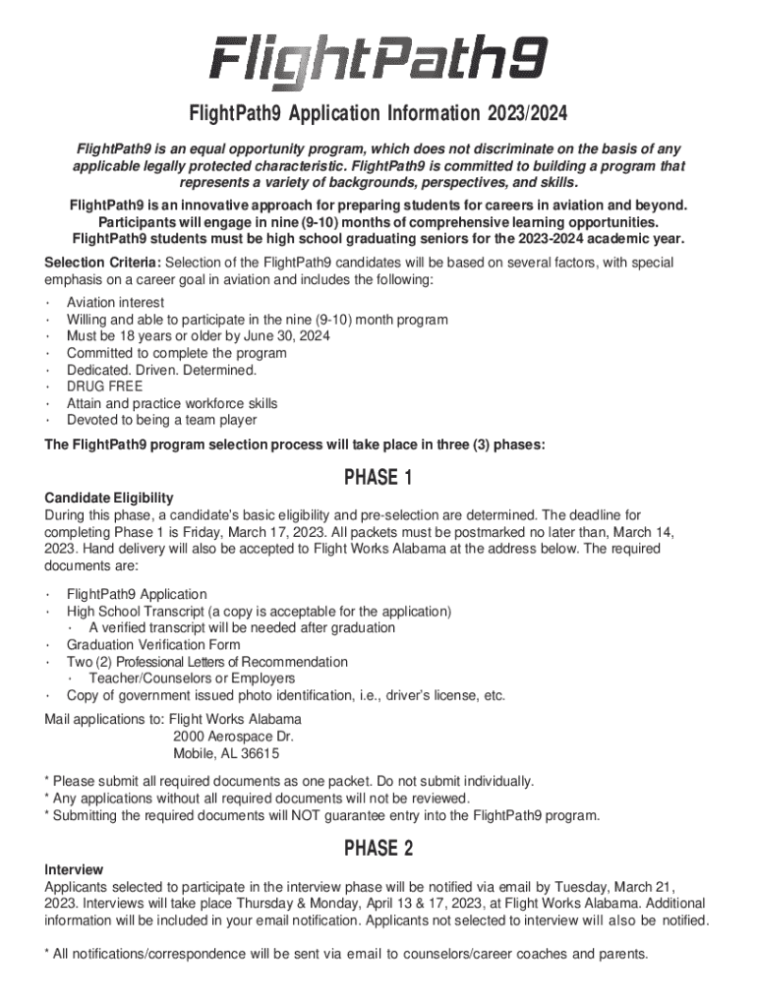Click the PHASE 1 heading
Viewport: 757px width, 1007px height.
pos(378,478)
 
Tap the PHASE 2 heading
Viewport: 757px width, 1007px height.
pos(378,848)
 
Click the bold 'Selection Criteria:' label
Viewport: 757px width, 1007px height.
pos(103,263)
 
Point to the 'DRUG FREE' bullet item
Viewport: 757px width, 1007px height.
pos(104,386)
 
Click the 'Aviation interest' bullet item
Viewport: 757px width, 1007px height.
pos(115,303)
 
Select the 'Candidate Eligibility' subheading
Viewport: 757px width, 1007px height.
pos(109,498)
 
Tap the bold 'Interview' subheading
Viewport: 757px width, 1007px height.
pos(74,869)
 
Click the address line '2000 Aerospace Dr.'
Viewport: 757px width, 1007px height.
pos(232,737)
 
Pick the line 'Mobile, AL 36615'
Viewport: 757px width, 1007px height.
pos(225,754)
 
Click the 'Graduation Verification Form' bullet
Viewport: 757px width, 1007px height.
pos(152,645)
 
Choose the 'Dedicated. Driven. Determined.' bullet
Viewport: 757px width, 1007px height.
pos(161,370)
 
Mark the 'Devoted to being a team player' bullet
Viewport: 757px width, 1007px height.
pos(161,420)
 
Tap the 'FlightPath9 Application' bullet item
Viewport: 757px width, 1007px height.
pos(137,594)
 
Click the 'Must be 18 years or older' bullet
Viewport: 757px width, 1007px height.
pos(199,336)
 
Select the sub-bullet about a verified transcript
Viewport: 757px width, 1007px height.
pos(242,627)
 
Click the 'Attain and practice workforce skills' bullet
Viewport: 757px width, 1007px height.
pos(172,403)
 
